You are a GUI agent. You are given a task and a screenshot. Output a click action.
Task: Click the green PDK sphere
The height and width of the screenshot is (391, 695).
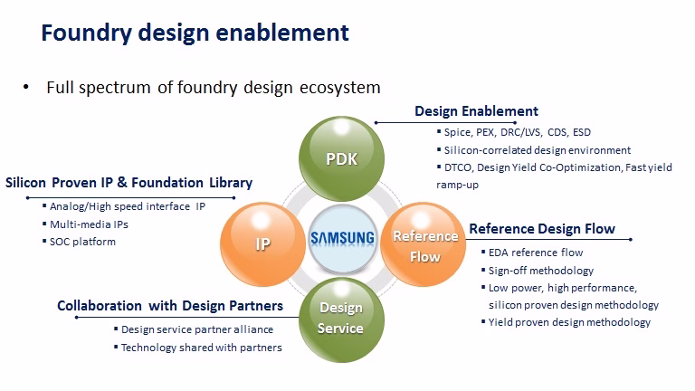coord(341,158)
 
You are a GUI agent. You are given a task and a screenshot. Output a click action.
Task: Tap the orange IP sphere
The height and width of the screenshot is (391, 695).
coord(262,243)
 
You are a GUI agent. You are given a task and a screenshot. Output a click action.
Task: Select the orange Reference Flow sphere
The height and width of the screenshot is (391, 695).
coord(424,243)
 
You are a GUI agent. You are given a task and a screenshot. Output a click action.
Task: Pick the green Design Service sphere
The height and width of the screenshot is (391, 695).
coord(341,319)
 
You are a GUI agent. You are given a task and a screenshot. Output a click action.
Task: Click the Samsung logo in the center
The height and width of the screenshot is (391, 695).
coord(342,238)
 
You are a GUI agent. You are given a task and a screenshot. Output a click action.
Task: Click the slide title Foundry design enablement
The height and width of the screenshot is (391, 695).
coord(195,33)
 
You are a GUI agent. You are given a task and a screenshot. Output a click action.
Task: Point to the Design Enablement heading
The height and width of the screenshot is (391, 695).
coord(476,110)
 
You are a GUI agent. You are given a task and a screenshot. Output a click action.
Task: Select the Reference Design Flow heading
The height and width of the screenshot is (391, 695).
coord(542,229)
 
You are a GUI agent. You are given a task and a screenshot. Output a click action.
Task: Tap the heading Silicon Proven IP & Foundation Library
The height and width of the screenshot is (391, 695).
coord(129,183)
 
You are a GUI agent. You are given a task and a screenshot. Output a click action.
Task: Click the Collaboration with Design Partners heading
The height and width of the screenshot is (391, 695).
coord(170,306)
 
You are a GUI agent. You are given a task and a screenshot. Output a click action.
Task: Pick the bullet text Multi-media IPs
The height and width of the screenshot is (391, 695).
coord(89,224)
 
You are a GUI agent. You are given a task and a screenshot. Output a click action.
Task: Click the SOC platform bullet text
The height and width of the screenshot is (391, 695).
coord(82,242)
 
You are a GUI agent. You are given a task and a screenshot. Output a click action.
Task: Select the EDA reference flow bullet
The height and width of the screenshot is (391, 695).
coord(536,253)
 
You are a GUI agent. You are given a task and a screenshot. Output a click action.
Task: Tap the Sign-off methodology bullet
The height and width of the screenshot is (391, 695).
coord(541,271)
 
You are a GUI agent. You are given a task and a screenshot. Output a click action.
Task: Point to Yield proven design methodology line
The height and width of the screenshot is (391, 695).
coord(569,322)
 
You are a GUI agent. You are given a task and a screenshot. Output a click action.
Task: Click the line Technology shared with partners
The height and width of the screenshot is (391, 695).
coord(201,348)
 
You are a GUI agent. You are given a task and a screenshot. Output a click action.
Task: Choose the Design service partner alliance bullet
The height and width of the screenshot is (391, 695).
coord(197,329)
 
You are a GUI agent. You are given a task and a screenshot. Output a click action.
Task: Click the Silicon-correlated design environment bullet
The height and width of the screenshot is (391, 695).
coord(538,150)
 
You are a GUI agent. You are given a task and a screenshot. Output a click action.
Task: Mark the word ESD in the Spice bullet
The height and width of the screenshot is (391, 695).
coord(582,132)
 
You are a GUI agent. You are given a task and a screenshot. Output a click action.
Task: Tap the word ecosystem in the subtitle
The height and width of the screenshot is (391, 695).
coord(340,88)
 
